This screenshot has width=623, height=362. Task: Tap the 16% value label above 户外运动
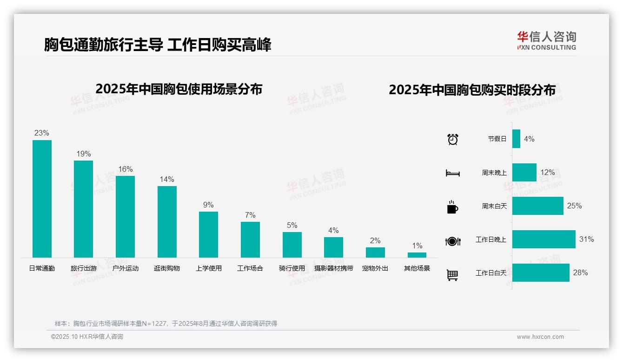[125, 169]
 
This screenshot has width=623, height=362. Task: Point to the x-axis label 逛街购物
[167, 268]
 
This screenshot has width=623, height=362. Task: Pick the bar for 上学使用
[208, 234]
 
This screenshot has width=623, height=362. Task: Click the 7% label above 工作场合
[250, 215]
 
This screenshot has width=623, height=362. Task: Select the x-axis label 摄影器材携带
[333, 268]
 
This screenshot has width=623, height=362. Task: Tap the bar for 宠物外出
[375, 252]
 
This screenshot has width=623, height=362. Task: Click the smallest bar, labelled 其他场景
[417, 255]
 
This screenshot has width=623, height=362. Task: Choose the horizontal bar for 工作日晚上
[543, 239]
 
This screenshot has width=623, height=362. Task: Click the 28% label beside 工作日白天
[580, 273]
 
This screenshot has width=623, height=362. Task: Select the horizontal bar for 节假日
[516, 139]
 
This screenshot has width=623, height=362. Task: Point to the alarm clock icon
[452, 139]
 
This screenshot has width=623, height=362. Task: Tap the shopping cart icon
[452, 275]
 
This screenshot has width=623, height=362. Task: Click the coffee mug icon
[452, 207]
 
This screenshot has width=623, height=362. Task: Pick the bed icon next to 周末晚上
[452, 173]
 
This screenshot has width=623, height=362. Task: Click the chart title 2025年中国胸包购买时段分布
[472, 90]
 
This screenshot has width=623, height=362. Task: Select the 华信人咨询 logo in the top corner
[546, 40]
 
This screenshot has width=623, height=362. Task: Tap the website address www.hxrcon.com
[540, 337]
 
